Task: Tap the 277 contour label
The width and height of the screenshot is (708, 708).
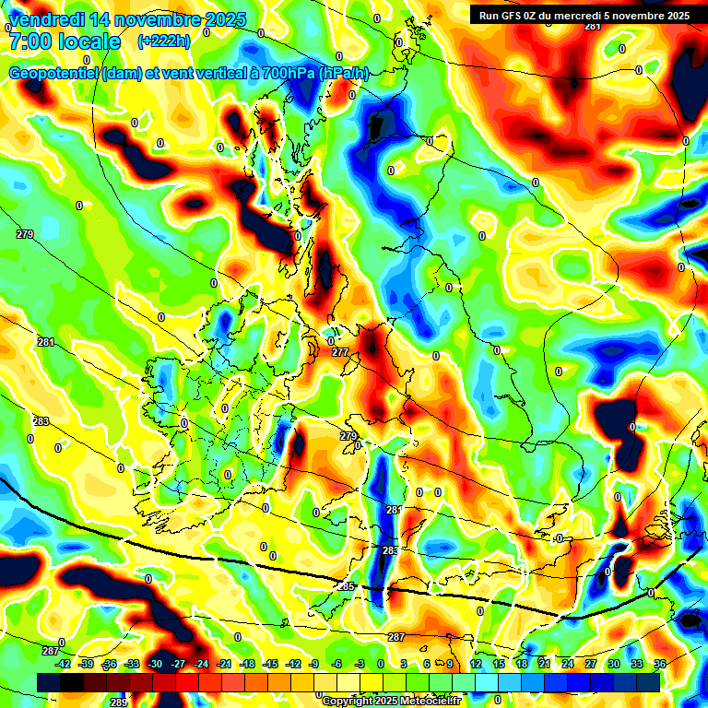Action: pos(340,352)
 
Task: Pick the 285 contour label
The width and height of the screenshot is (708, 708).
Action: pos(347,586)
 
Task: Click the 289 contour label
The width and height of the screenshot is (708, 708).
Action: pos(119,702)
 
